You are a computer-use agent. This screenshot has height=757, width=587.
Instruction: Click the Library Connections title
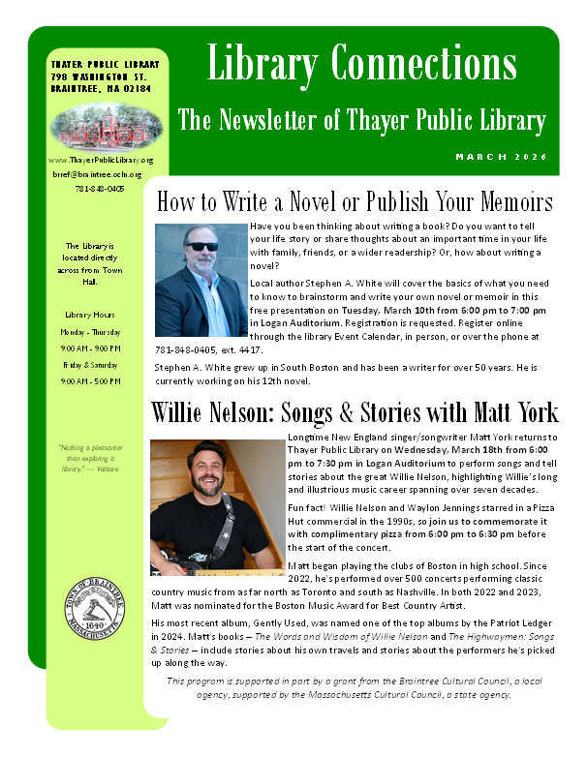point(361,65)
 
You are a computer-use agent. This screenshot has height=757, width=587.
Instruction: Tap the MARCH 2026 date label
point(501,157)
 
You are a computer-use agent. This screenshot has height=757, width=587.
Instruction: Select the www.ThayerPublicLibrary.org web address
point(100,160)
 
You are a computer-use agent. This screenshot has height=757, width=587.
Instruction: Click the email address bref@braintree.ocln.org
point(100,174)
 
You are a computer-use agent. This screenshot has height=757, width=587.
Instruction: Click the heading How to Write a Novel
point(354,201)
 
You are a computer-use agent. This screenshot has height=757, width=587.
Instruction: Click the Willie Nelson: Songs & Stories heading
point(355,412)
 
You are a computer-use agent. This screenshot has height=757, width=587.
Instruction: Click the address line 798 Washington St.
point(98,76)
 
